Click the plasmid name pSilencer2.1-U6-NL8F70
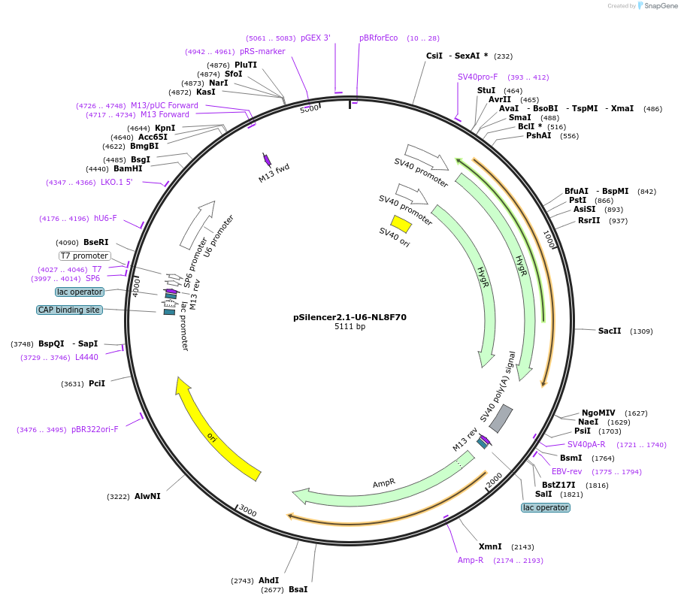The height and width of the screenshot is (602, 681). (350, 317)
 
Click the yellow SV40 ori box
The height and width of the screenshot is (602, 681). (401, 224)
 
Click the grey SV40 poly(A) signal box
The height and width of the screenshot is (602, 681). (501, 419)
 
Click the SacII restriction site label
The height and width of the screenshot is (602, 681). (610, 331)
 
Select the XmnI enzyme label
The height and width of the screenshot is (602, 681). (490, 546)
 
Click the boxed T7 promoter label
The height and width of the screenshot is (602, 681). (85, 256)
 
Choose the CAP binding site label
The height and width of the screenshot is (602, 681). (68, 310)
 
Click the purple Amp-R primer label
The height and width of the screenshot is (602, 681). (471, 560)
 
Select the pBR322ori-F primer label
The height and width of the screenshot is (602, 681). (95, 429)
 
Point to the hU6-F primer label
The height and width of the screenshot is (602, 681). (105, 218)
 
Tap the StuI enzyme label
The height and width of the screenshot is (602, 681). (486, 90)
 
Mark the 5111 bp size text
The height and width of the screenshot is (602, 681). (350, 327)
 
